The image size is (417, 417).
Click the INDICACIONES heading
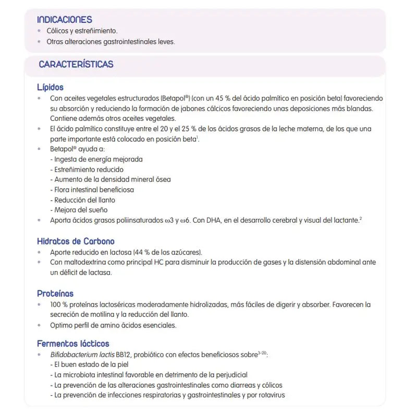[x=65, y=19]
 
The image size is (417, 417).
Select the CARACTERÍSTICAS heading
[x=76, y=65]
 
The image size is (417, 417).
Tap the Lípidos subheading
[x=50, y=87]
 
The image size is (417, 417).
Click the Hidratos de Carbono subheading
[x=76, y=241]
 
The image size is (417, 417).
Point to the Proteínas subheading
[x=55, y=293]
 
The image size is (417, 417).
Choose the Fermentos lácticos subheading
[x=73, y=344]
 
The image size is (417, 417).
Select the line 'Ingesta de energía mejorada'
[x=96, y=159]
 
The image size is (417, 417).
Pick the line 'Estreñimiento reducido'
[x=87, y=169]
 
